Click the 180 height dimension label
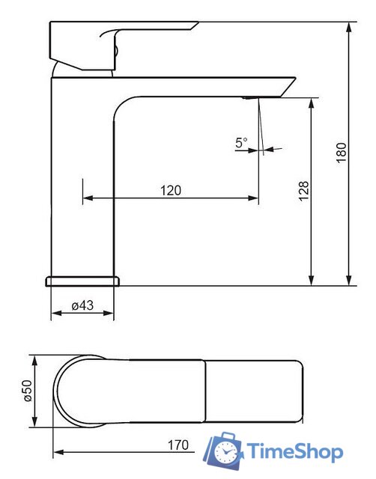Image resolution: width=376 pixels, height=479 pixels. (x=342, y=153)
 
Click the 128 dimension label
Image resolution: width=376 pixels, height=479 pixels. (x=303, y=192)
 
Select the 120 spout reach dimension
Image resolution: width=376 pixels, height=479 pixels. (x=171, y=190)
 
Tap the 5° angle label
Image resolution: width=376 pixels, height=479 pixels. (x=241, y=142)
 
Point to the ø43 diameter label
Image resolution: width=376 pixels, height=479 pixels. (x=82, y=305)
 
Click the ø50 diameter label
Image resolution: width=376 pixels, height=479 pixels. (x=27, y=391)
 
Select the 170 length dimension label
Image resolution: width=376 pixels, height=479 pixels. (x=178, y=445)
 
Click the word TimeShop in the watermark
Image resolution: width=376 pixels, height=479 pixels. (x=294, y=451)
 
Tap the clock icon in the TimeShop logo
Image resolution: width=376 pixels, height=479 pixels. (x=225, y=452)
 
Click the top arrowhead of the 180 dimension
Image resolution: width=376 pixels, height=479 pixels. (x=349, y=27)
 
